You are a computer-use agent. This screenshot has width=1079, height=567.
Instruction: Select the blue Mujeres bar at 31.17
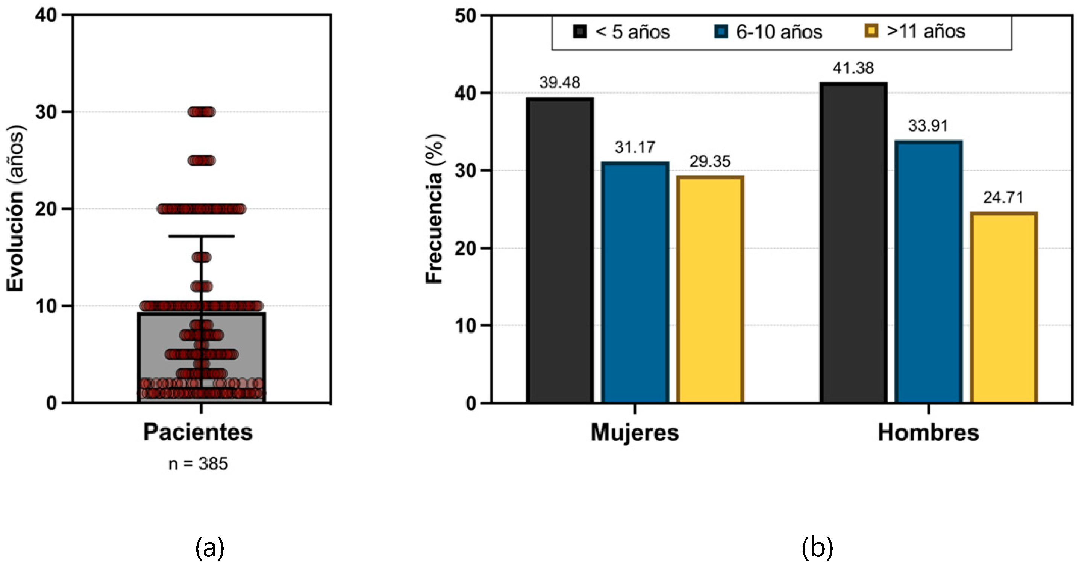635,283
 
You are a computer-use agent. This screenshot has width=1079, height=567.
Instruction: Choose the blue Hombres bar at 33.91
929,272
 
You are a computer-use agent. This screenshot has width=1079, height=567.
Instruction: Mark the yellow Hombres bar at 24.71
1003,308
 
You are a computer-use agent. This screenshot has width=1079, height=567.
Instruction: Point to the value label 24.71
1003,197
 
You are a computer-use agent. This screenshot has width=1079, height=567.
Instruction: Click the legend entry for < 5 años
622,32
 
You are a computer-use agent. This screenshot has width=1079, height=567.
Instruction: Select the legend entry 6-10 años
768,32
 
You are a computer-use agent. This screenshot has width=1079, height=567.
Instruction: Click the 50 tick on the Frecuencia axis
466,16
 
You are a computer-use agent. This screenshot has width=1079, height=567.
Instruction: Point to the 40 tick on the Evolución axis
46,15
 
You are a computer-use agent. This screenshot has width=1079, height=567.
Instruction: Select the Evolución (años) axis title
16,209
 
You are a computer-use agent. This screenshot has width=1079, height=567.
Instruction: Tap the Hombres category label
928,432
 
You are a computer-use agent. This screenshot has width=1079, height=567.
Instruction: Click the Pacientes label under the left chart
198,432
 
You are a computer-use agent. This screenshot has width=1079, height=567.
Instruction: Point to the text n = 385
198,464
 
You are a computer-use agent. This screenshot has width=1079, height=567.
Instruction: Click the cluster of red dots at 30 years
202,112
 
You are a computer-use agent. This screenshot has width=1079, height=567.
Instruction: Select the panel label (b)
817,548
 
